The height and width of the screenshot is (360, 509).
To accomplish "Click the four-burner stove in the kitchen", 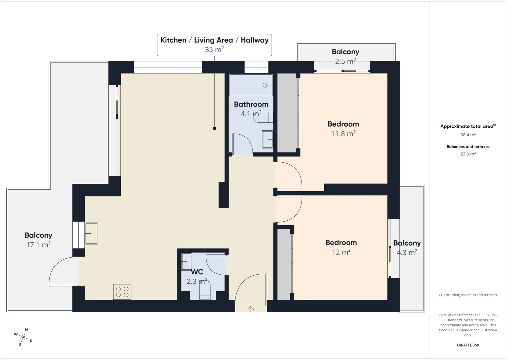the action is pos(122,292).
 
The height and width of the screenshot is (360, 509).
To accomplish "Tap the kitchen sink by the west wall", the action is pos(91,233).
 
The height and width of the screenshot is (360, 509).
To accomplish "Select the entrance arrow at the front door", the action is pos(250,309).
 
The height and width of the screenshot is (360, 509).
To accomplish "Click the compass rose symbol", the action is pos(23,337).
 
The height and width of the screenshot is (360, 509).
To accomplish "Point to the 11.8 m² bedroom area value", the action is pos(343,134).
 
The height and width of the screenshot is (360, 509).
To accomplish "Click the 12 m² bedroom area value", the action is pos(341,252).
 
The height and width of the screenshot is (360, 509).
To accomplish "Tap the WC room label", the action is pos(197,272).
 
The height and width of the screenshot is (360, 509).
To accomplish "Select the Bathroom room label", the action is pos(251,104).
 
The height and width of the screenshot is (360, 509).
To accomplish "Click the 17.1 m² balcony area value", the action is pos(38,245).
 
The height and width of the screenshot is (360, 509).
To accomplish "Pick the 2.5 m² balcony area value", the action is pos(346,61).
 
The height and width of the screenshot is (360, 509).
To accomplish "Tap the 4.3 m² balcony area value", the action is pos(407,252).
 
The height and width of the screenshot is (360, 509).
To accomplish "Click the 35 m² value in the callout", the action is pos(214,49).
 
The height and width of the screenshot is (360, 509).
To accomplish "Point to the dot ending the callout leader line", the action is pos(214,128).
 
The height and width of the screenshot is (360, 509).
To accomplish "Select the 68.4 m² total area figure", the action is pos(468,135).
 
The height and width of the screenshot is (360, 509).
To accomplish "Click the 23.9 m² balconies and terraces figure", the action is pos(468,154).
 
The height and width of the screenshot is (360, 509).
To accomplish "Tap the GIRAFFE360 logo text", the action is pos(468,345).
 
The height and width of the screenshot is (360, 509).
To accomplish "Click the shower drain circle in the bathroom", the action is pos(265,85).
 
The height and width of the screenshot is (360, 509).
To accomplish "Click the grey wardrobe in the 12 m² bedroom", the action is pos(284,264).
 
